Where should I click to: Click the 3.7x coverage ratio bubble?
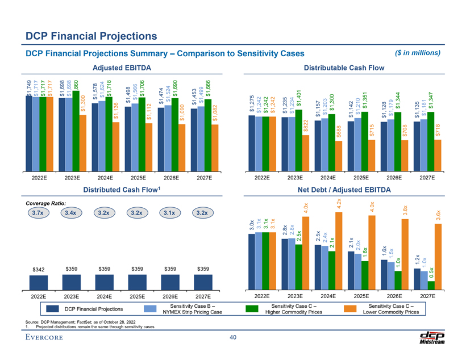39,214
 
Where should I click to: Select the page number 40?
232,338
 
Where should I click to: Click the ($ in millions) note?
417,53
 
